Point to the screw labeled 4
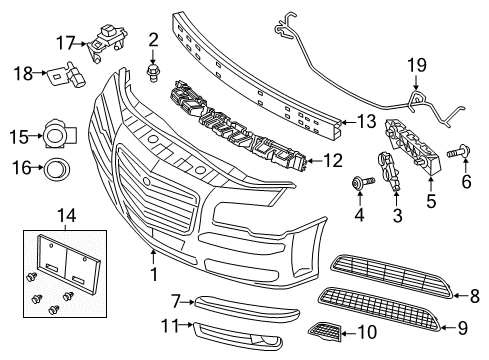pos(359,183)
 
